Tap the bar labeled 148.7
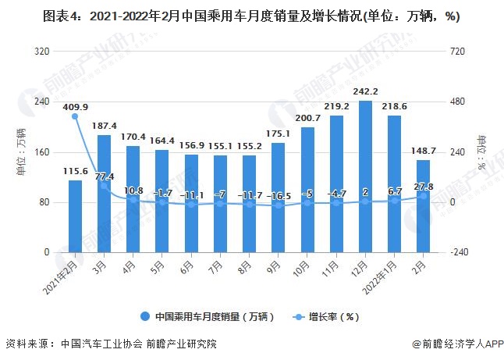pyautogui.click(x=423, y=206)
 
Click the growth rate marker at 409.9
pyautogui.click(x=75, y=116)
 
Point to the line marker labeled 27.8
pyautogui.click(x=423, y=196)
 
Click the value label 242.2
pyautogui.click(x=365, y=91)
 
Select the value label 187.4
pyautogui.click(x=104, y=126)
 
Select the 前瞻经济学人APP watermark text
pyautogui.click(x=457, y=344)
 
